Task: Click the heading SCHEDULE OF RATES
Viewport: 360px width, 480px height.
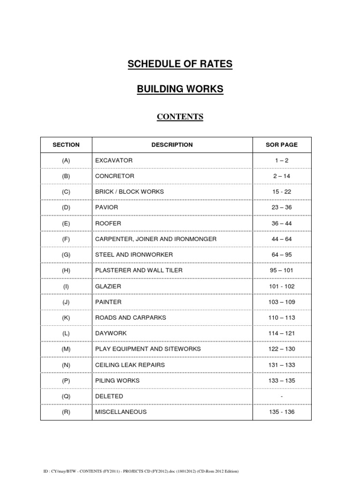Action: coord(180,64)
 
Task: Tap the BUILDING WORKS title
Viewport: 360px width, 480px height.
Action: coord(180,89)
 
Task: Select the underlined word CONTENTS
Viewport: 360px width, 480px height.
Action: coord(180,117)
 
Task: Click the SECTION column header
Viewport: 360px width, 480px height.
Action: coord(66,145)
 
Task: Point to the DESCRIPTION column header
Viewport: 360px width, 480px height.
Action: coord(172,145)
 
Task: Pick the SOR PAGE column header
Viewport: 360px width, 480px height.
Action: coord(282,145)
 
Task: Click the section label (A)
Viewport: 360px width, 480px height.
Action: coord(66,160)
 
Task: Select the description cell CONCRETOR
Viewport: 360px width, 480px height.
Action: coord(115,176)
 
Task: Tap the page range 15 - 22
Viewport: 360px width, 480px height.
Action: coord(282,192)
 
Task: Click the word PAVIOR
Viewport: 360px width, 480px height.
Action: coord(107,208)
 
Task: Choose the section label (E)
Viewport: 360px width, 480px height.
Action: coord(66,224)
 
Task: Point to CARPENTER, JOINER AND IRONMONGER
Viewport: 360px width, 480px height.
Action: coord(156,239)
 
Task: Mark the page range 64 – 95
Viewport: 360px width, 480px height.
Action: coord(282,255)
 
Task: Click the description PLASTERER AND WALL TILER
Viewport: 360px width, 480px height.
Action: coord(139,270)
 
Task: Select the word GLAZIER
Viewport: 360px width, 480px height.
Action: coord(108,286)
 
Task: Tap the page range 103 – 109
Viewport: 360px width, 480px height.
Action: coord(282,302)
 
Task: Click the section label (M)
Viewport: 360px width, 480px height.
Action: coord(66,349)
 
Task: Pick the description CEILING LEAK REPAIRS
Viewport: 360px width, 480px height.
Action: coord(130,365)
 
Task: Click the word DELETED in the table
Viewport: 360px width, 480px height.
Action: coord(109,396)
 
